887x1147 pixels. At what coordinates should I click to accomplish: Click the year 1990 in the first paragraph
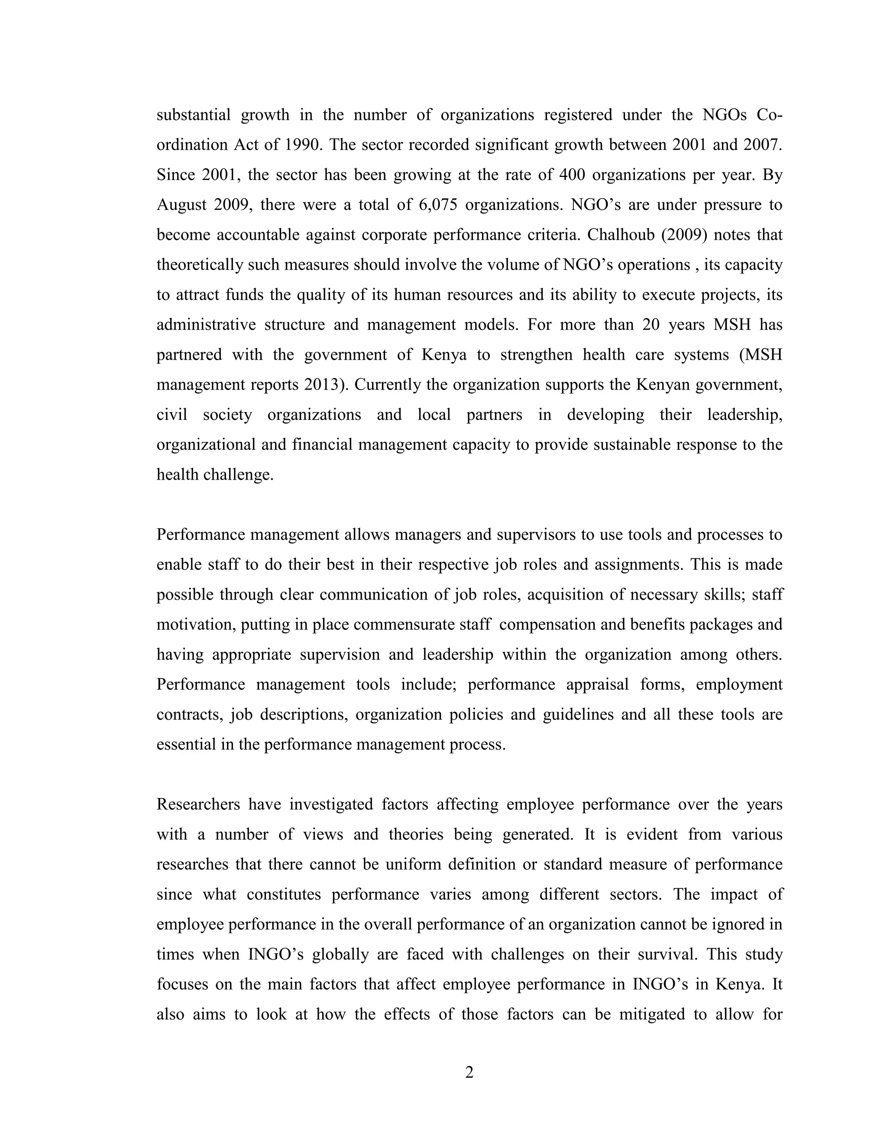point(303,145)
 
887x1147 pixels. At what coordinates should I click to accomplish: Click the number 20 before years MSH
point(650,325)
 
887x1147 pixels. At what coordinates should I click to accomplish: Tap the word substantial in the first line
point(193,115)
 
